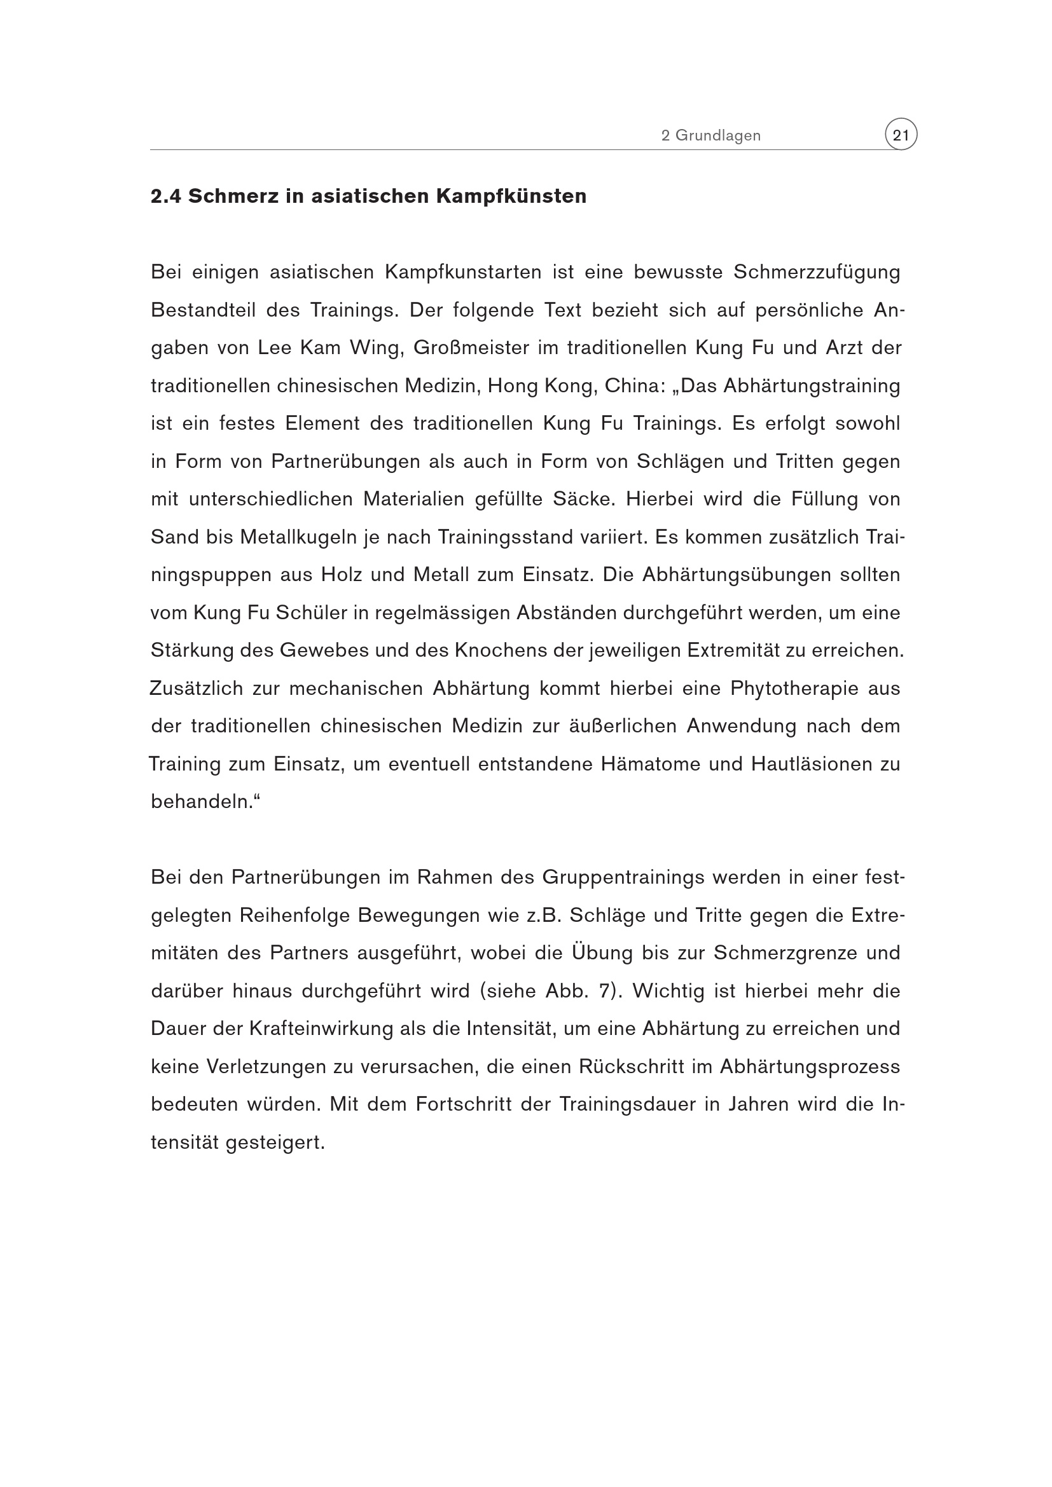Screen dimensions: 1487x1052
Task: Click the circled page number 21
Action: coord(901,135)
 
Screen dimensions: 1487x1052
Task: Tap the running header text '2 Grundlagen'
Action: coord(710,136)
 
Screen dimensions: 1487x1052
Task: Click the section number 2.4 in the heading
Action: coord(166,196)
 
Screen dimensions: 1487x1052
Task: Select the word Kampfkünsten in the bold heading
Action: coord(511,196)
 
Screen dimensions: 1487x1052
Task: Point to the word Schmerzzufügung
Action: coord(816,273)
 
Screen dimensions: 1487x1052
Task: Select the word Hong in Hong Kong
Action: coord(511,386)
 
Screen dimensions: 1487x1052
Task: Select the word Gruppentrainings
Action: coord(623,877)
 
